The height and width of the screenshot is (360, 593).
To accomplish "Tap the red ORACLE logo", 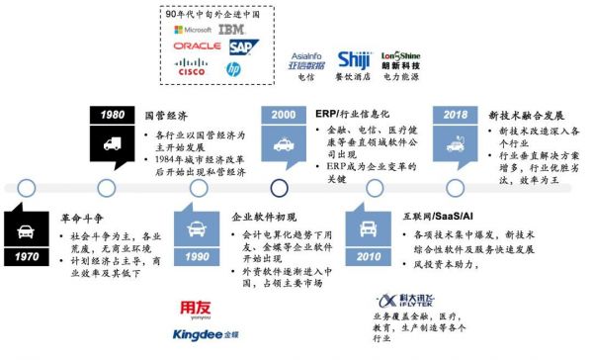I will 196,46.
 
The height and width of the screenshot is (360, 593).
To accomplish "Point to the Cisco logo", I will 191,68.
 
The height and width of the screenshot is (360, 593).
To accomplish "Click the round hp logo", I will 233,68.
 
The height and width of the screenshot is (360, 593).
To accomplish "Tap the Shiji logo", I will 353,61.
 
